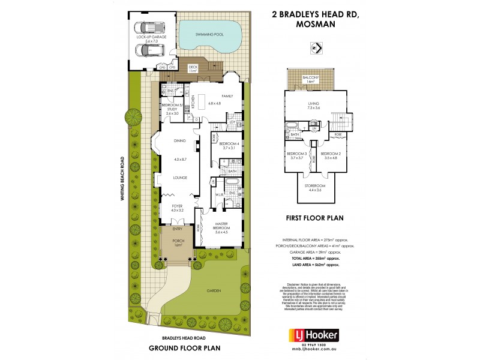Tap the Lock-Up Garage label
151,39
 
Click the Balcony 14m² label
310,80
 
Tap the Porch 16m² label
178,242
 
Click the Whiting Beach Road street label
122,183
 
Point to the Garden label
214,290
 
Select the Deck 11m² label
193,69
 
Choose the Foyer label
178,207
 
